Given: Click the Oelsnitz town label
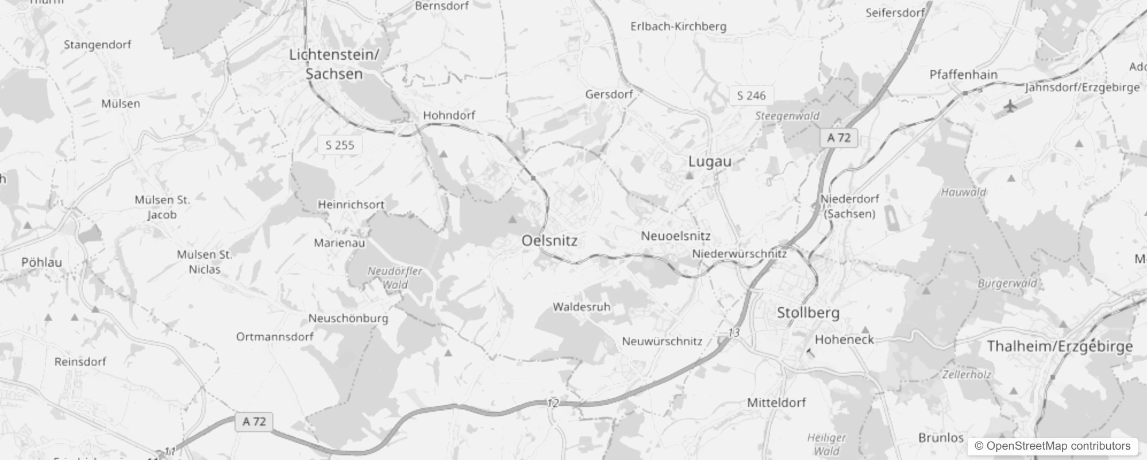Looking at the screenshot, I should pyautogui.click(x=549, y=241).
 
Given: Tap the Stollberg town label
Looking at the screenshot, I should pyautogui.click(x=808, y=313).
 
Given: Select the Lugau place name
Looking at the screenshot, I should pyautogui.click(x=710, y=162).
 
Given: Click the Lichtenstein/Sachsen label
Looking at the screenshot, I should pyautogui.click(x=334, y=64).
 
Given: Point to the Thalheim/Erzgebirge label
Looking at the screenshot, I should pyautogui.click(x=1060, y=346).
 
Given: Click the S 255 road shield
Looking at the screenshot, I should pyautogui.click(x=340, y=145).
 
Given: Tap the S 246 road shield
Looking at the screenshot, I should pyautogui.click(x=751, y=96).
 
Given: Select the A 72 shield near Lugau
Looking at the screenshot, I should pyautogui.click(x=838, y=138).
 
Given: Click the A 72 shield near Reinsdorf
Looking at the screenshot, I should pyautogui.click(x=254, y=421).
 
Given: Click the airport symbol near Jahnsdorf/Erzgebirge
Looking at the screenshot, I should pyautogui.click(x=1010, y=106).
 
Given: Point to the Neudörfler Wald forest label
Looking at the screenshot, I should pyautogui.click(x=395, y=278).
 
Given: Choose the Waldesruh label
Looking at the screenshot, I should pyautogui.click(x=581, y=307).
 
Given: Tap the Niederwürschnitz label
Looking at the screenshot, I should pyautogui.click(x=739, y=254).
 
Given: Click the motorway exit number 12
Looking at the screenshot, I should pyautogui.click(x=553, y=403).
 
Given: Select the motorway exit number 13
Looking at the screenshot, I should pyautogui.click(x=734, y=333).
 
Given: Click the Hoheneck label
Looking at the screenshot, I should pyautogui.click(x=844, y=340).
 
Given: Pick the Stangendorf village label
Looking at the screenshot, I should pyautogui.click(x=97, y=45).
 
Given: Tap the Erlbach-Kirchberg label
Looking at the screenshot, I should pyautogui.click(x=678, y=26).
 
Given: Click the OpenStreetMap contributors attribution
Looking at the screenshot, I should pyautogui.click(x=1052, y=446).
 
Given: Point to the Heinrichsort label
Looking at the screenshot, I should pyautogui.click(x=351, y=205).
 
